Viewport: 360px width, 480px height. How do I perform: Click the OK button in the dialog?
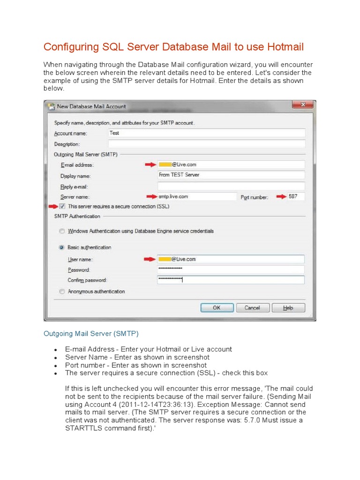click(217, 307)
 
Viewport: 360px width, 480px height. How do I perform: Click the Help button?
click(288, 307)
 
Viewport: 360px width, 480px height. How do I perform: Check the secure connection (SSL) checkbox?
click(62, 206)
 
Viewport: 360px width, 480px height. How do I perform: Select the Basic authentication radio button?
click(62, 247)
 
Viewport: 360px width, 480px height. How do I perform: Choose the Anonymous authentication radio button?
click(62, 292)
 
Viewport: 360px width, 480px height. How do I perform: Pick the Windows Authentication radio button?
click(62, 231)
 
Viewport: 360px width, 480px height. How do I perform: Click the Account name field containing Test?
click(206, 133)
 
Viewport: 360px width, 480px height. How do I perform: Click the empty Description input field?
click(206, 144)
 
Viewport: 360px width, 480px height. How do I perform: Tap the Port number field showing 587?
click(295, 197)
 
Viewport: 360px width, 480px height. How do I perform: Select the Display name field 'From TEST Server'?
click(231, 175)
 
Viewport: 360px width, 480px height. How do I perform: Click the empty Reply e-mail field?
click(231, 186)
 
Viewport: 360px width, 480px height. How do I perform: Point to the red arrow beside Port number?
click(280, 197)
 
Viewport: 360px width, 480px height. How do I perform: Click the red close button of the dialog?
click(302, 105)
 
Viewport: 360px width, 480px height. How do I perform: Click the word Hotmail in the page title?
click(285, 47)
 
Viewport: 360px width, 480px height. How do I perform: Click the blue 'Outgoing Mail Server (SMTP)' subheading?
click(91, 334)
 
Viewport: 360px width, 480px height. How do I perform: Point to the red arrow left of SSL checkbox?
click(53, 206)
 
